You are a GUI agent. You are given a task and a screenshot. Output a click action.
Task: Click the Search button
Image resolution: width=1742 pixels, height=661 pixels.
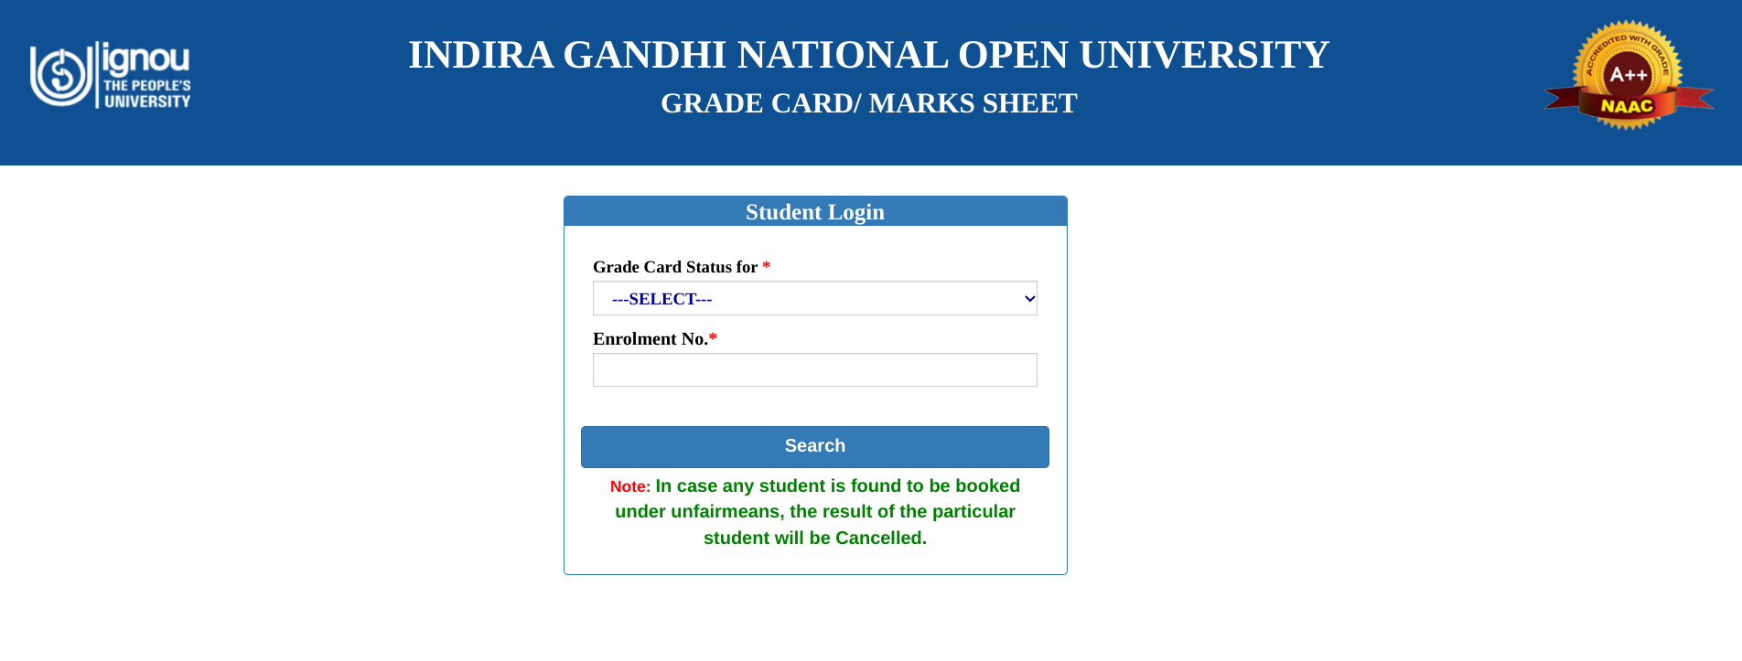814,446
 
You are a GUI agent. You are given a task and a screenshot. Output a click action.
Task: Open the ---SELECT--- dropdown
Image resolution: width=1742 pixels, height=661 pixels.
814,299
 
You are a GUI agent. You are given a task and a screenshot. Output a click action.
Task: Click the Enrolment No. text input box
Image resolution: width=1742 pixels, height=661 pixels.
814,370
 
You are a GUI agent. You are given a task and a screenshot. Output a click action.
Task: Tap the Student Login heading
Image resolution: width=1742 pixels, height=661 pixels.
814,212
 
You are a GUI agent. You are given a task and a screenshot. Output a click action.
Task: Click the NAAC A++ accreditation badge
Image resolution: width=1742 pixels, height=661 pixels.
1628,76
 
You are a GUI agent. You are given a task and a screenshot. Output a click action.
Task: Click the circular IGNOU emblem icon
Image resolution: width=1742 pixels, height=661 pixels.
61,74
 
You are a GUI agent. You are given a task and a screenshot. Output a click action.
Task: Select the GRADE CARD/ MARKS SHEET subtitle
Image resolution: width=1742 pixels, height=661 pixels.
868,103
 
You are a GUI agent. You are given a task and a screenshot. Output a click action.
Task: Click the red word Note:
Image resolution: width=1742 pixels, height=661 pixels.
630,486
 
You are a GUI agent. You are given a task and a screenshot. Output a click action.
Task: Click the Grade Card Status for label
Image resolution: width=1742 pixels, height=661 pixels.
675,267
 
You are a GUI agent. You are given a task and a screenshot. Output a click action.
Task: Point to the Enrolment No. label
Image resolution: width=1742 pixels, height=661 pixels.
651,339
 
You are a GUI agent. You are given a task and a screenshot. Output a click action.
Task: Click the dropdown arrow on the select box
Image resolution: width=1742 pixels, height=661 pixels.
1029,299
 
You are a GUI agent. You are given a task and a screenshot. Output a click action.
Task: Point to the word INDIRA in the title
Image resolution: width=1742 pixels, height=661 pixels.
480,55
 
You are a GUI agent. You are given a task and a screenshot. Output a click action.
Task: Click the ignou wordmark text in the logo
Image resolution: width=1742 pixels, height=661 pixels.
146,59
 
